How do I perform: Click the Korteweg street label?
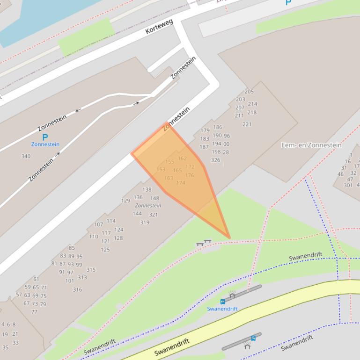coord(159,27)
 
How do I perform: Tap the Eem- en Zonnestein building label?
coord(311,145)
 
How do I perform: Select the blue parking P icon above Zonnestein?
coord(45,137)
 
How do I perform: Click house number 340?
coord(26,156)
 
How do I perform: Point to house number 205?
coord(249,92)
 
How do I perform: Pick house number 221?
coord(247,124)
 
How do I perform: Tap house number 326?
coord(215,160)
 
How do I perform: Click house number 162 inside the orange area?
coord(182,158)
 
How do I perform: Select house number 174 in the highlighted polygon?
coord(181,183)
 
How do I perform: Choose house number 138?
coord(147,190)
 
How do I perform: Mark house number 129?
coord(125,201)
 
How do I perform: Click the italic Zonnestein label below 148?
coord(148,206)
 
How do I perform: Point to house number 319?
coord(145,223)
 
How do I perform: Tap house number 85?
coord(72,248)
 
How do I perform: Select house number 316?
coord(77,290)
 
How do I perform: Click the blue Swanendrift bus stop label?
coord(222,309)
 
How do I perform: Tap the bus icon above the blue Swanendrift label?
coord(222,302)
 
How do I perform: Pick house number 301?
coord(348,185)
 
